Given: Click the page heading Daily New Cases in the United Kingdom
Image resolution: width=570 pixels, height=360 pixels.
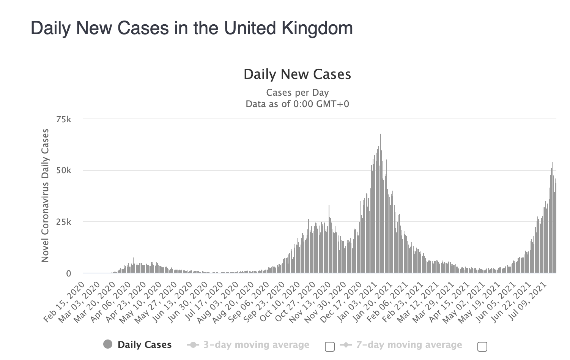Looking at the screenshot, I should coord(192,28).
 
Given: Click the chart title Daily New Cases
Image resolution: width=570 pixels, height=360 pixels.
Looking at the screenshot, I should coord(297,74).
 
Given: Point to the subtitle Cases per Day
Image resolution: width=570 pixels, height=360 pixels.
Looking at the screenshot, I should coord(297,93).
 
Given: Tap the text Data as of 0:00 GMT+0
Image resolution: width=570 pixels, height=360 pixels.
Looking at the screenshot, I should coord(297,104).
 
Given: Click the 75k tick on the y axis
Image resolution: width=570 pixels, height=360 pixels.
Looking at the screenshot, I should coord(63,120).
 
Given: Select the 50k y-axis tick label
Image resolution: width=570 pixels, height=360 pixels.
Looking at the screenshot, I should coord(63,171).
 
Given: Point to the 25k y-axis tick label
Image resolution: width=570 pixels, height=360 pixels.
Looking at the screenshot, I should coord(63,222).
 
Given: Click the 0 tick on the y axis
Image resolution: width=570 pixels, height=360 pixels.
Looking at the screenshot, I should coord(68,273).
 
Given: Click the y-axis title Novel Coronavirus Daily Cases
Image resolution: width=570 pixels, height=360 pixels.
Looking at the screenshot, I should coord(45,195).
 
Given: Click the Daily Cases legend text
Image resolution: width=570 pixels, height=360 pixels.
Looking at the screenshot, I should coord(145,345).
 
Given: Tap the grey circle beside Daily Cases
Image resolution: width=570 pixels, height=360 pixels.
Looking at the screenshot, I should coord(108,344).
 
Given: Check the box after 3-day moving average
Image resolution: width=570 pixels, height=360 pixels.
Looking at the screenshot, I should coord(330,346).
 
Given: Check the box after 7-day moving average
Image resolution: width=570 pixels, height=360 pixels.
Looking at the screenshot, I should coord(482,346).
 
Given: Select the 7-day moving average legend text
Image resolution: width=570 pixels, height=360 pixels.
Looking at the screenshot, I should coord(409,345).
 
